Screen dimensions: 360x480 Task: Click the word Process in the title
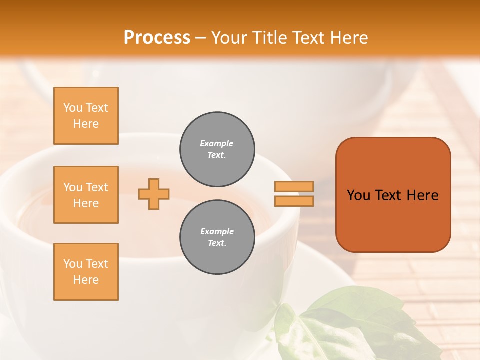coord(157,38)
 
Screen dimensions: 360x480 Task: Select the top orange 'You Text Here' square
coord(86,116)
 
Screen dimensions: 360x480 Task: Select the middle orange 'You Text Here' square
coord(86,195)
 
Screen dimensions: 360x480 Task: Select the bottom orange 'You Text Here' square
coord(86,272)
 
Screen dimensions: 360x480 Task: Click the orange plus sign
coord(154,194)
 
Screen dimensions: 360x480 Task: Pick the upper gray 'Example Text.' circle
coord(217,149)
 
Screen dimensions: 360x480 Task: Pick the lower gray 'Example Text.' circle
coord(217,237)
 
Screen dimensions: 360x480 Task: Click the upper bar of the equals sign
coord(294,186)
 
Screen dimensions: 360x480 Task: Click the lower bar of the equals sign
coord(294,201)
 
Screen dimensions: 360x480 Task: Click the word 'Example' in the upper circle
coord(217,143)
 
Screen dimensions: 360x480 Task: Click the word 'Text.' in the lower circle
coord(217,243)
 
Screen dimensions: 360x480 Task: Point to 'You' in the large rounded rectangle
coord(358,195)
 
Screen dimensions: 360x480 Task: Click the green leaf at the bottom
coord(350,320)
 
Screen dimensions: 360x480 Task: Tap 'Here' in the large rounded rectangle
coord(422,195)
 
